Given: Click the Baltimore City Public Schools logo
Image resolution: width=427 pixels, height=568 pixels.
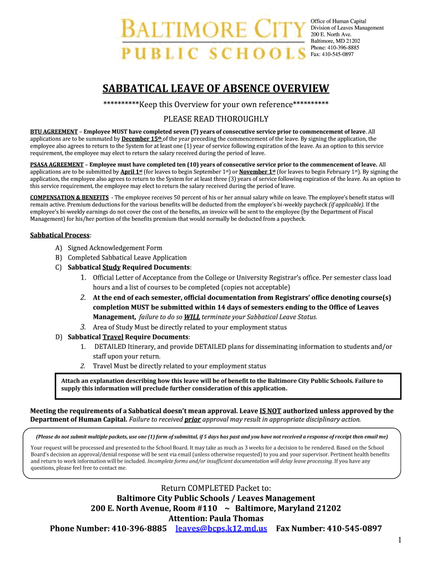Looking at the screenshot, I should click(x=212, y=39).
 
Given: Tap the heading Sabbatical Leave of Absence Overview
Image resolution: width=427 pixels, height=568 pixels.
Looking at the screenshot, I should click(x=216, y=89).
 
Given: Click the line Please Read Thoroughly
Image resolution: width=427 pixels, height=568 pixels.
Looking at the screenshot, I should click(x=216, y=119).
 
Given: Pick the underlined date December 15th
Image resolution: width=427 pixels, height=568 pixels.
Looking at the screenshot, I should click(x=141, y=139).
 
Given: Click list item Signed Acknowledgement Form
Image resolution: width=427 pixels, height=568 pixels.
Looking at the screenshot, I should click(x=115, y=248).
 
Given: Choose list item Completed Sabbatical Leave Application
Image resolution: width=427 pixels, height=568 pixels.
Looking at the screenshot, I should click(x=127, y=257).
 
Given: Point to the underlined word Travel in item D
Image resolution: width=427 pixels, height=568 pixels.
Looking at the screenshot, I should click(x=113, y=337).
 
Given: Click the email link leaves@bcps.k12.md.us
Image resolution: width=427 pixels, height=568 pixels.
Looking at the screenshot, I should click(x=221, y=529).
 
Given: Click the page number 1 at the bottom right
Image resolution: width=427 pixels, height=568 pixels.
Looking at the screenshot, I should click(x=399, y=540).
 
